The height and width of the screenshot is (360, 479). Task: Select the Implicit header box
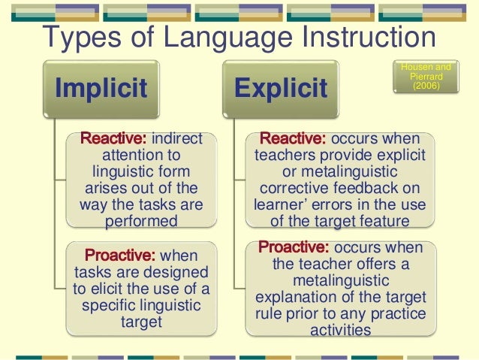point(101,89)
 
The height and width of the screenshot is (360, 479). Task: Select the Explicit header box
point(280,89)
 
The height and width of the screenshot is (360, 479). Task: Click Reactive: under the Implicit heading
point(114,139)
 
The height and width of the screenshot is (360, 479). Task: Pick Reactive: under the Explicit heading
point(292,139)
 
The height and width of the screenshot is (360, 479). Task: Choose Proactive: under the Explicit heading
point(294,248)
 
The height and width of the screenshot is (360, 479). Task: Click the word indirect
point(178,139)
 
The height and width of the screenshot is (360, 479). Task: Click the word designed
point(177,273)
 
